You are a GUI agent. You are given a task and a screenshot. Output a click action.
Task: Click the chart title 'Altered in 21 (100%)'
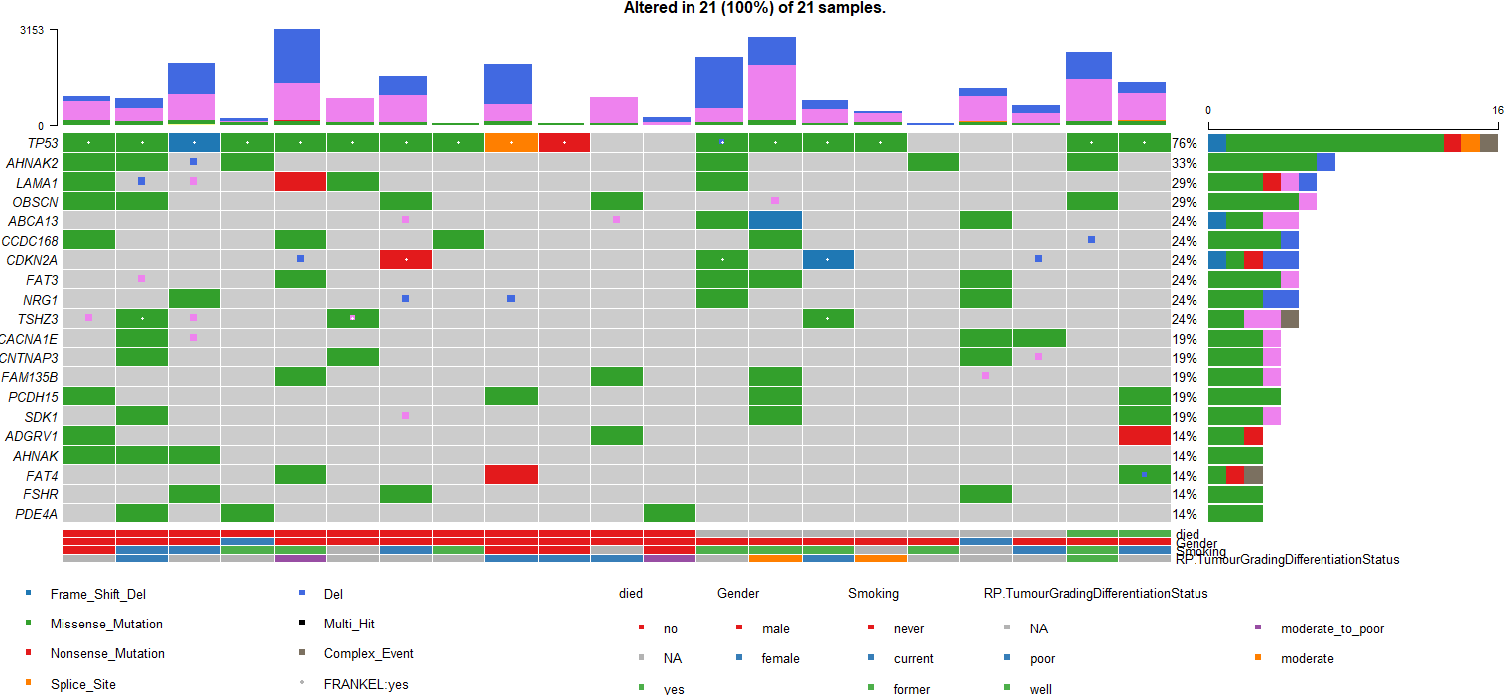pos(754,8)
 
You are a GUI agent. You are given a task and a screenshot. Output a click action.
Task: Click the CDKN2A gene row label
pos(32,260)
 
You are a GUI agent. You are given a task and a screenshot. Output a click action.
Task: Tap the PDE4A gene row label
pos(36,514)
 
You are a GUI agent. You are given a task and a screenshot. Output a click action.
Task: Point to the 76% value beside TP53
pos(1184,143)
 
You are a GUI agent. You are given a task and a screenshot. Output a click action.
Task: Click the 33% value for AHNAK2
pos(1184,163)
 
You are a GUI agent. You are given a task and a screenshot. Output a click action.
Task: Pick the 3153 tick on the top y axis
pos(32,30)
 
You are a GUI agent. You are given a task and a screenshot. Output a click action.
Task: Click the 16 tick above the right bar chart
pos(1497,110)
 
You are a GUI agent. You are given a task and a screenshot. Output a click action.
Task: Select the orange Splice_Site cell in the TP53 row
pos(511,143)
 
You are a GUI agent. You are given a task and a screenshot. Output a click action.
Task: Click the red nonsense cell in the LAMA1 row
pos(301,182)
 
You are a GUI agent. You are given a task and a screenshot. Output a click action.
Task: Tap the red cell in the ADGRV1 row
pos(1144,436)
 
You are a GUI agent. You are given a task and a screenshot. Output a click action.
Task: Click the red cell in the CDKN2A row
pos(406,260)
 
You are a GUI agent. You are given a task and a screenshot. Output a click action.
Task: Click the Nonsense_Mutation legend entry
pos(106,654)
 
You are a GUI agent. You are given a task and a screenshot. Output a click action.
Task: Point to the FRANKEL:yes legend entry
pos(365,684)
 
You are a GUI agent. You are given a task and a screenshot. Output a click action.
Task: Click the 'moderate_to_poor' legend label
pos(1331,629)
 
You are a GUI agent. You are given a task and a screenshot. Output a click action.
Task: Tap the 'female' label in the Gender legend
pos(780,659)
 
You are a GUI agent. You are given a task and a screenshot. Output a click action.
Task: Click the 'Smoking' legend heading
pos(873,594)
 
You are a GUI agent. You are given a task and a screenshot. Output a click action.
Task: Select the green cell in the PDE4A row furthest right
pos(669,514)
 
